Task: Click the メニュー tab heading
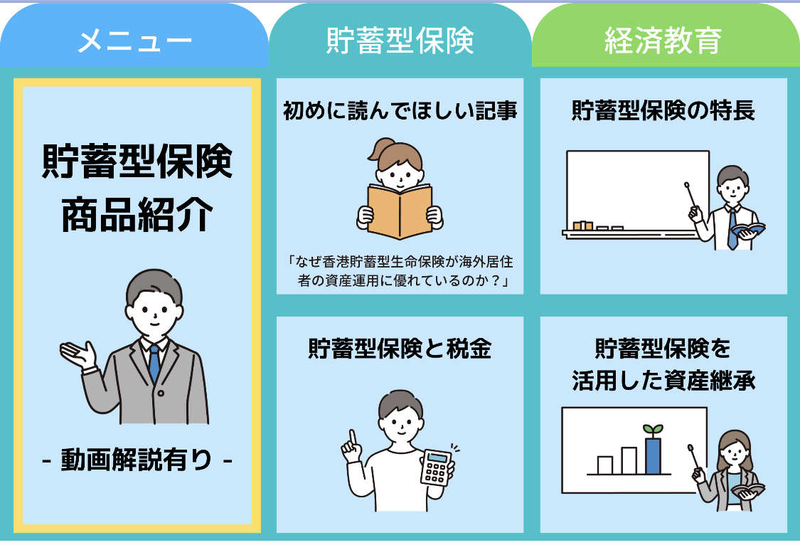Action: point(134,41)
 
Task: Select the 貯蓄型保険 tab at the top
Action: point(400,41)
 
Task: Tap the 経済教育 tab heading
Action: point(663,41)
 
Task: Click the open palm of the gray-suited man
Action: point(78,353)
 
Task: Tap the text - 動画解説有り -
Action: point(137,460)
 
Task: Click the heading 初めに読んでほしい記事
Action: point(400,111)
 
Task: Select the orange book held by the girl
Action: point(400,210)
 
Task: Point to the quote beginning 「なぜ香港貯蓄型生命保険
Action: point(400,271)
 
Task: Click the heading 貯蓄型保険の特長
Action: point(663,111)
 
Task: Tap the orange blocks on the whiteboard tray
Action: point(582,226)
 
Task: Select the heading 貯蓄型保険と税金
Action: point(400,349)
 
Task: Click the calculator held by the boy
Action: point(435,467)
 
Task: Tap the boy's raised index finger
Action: point(351,438)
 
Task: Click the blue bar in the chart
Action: point(653,455)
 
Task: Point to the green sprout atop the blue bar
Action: point(653,430)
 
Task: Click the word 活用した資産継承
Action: point(663,381)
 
